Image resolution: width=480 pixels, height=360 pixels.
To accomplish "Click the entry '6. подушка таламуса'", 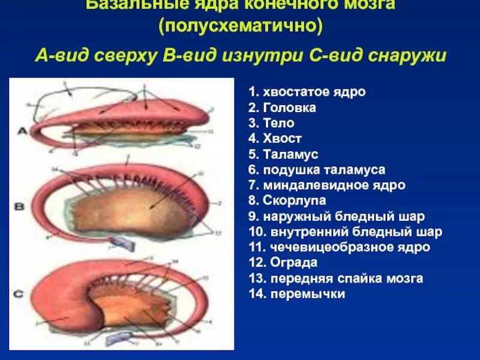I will pyautogui.click(x=316, y=170).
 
